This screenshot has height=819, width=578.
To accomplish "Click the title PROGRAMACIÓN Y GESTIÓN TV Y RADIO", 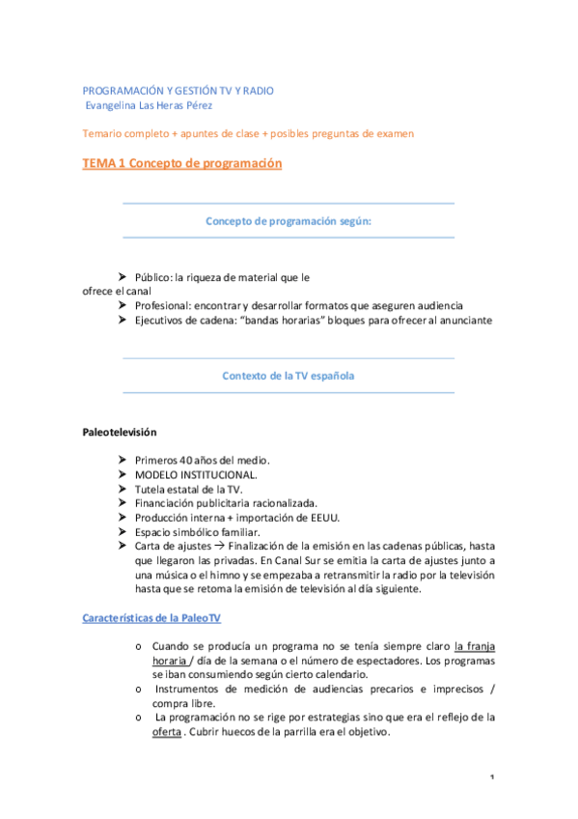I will click(178, 90).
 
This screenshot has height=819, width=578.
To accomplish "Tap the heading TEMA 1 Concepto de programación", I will click(181, 164).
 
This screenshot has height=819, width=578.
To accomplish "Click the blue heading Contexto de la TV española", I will click(288, 376).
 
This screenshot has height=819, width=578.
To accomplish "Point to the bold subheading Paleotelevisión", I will click(119, 431).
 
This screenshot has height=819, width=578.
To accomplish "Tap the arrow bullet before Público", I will click(124, 276).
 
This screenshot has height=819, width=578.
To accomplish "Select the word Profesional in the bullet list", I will click(165, 305).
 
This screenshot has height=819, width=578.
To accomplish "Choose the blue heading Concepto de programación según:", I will click(289, 220).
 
